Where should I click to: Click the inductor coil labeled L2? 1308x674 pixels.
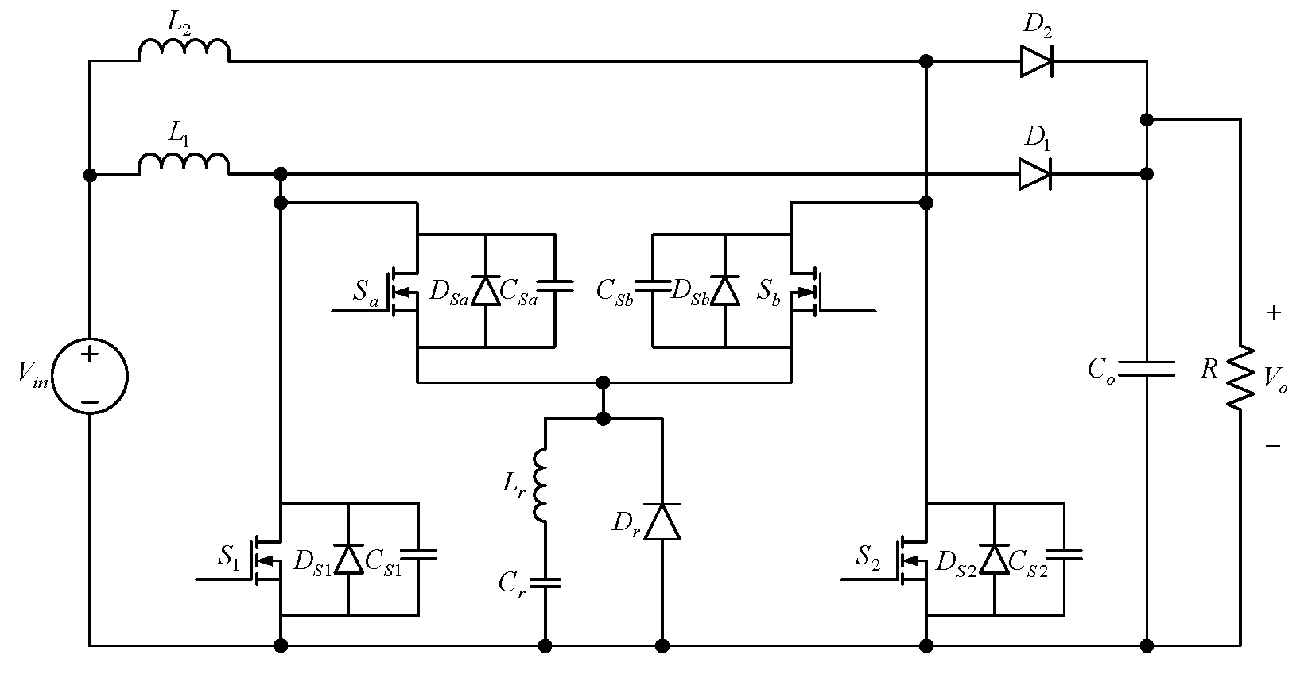pos(184,51)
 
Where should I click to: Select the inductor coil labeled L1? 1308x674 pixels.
pos(184,165)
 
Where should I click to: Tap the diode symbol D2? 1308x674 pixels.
pos(1036,60)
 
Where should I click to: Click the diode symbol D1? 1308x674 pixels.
pos(1034,174)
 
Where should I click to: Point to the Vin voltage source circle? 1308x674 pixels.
pos(89,376)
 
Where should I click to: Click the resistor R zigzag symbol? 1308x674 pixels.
pos(1239,378)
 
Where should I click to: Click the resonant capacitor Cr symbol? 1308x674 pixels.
pos(545,583)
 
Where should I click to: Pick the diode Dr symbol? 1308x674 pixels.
pos(662,522)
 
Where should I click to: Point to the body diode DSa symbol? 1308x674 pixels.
pos(485,290)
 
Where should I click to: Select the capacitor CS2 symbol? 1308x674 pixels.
pos(1065,555)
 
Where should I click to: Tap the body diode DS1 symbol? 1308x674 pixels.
pos(348,559)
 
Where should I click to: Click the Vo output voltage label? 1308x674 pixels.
pos(1275,380)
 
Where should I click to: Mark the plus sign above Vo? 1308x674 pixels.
pos(1273,313)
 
